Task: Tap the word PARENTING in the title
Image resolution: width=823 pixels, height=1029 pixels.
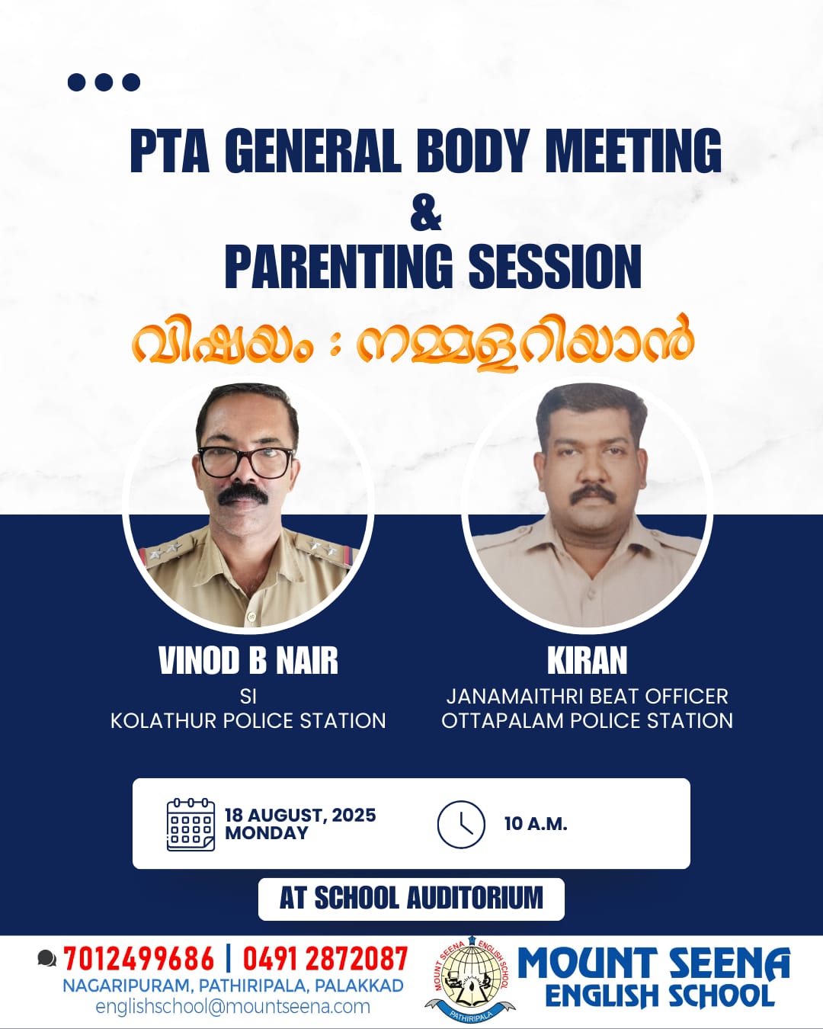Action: point(338,266)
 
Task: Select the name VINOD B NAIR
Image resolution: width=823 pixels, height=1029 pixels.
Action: point(248,660)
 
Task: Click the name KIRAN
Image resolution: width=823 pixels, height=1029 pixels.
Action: point(588,660)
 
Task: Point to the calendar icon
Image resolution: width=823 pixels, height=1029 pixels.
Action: point(191,825)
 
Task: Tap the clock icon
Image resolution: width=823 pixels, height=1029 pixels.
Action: point(461,825)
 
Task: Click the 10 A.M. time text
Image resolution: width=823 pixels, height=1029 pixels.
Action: point(536,824)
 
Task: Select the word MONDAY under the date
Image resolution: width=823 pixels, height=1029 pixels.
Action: point(267,833)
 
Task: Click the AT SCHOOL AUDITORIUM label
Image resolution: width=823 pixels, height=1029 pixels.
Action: point(411,897)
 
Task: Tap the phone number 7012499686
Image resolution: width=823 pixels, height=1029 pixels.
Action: point(139,959)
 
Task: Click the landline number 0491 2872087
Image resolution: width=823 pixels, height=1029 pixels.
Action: point(325,959)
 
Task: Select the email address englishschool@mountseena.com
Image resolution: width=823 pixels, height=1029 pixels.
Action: point(233,1007)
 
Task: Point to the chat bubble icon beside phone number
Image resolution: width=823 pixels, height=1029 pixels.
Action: point(46,958)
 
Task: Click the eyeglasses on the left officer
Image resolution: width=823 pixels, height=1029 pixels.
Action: point(246,462)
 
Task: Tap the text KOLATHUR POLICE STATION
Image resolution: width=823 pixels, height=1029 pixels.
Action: point(248,720)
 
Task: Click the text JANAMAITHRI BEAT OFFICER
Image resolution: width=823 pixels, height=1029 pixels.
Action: point(588,696)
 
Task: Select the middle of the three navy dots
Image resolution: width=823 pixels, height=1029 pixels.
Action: point(104,82)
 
